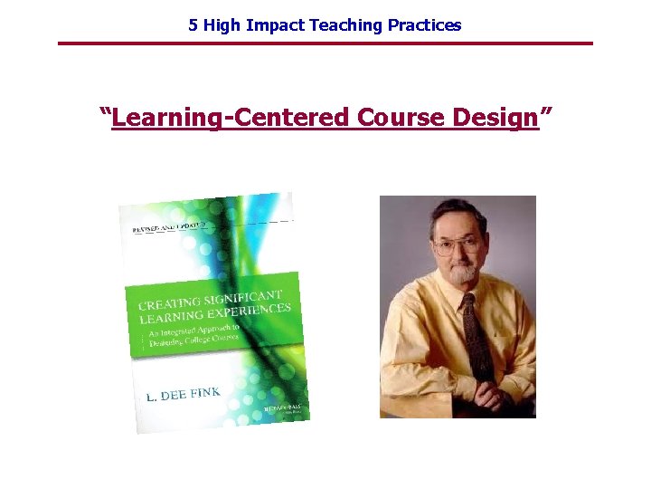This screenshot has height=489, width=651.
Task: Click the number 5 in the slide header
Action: coord(193,25)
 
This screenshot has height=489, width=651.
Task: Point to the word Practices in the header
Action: coord(424,25)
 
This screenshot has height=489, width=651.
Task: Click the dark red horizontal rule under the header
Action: coord(325,43)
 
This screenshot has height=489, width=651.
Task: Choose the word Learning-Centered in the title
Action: coord(231,118)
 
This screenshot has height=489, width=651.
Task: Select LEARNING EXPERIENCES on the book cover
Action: coord(215,319)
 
